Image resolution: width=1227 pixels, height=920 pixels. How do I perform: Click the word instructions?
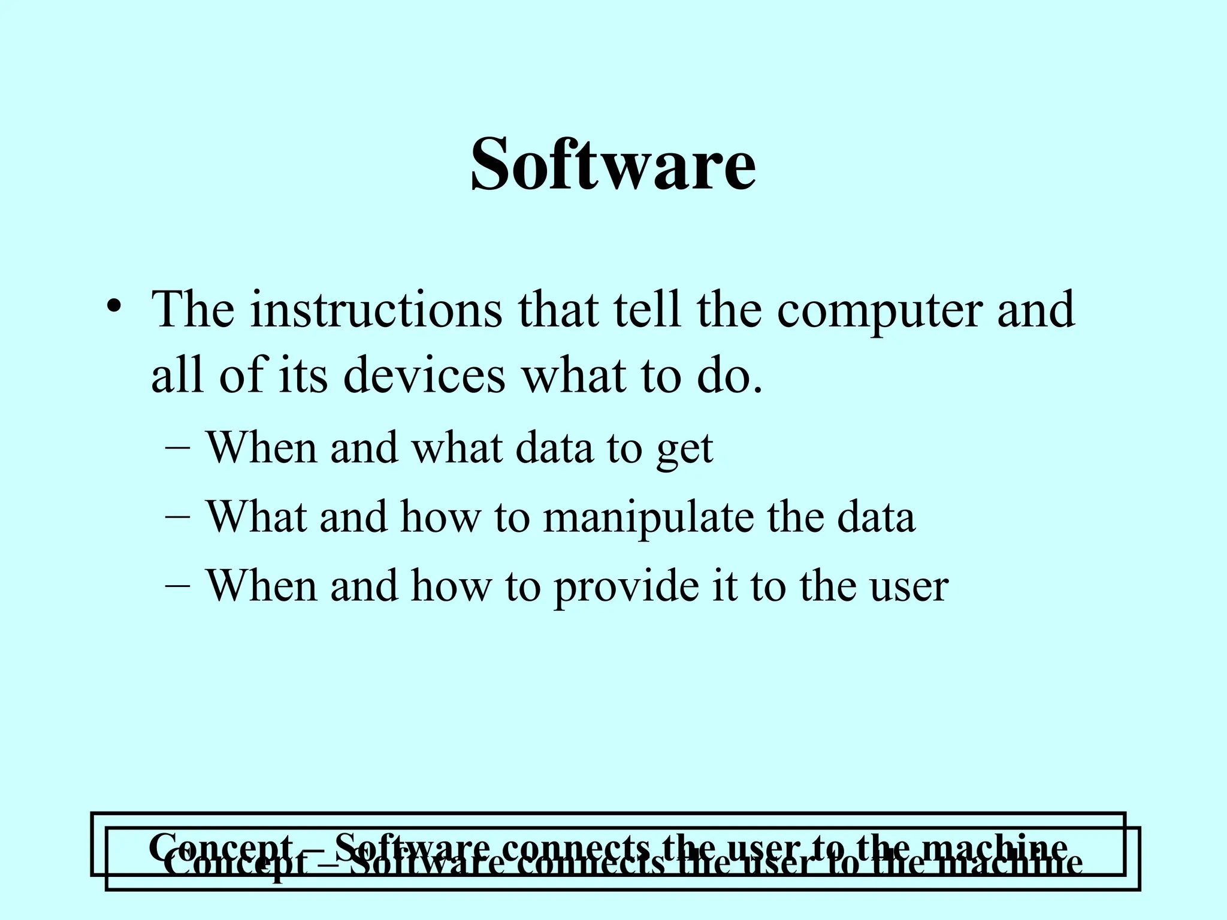(376, 310)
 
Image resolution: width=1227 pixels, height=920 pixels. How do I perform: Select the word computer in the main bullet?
(880, 310)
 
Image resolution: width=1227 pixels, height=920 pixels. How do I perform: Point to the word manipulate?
(648, 516)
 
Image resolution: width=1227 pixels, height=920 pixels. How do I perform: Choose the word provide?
(625, 586)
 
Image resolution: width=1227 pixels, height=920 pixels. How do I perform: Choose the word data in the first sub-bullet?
(554, 448)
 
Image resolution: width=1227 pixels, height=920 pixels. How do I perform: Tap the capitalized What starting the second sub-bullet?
(256, 516)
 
